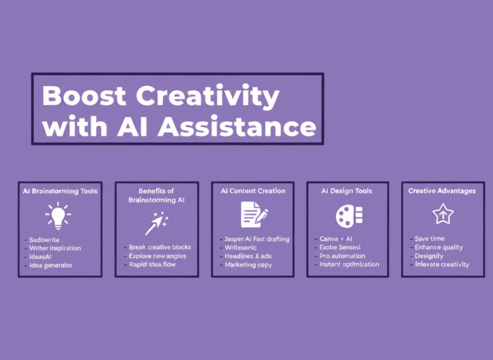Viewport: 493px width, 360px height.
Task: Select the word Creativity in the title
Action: (x=208, y=96)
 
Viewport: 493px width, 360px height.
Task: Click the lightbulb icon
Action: (x=58, y=215)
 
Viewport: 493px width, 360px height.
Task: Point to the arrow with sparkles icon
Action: (x=156, y=223)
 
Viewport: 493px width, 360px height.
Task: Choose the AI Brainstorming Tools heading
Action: (x=60, y=191)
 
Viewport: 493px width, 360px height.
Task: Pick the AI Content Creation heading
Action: (x=253, y=191)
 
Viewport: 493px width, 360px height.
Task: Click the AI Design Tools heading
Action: (x=347, y=191)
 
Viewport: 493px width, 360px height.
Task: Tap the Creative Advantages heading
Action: (x=442, y=191)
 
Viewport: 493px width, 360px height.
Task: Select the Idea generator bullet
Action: (x=51, y=266)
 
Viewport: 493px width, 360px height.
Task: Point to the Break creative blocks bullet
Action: (x=160, y=247)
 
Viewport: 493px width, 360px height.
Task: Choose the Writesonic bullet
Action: (x=241, y=247)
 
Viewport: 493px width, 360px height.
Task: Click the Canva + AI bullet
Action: (x=336, y=239)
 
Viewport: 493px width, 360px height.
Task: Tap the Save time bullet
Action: (x=429, y=239)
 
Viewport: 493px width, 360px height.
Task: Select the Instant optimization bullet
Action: (x=349, y=265)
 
